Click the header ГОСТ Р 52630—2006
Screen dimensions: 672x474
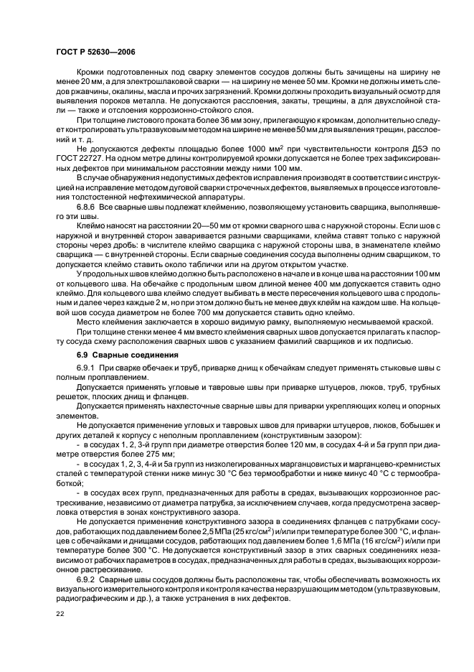tap(95, 52)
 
